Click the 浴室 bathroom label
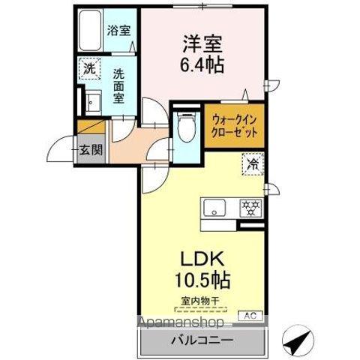coord(118,32)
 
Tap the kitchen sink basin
coord(214,208)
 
